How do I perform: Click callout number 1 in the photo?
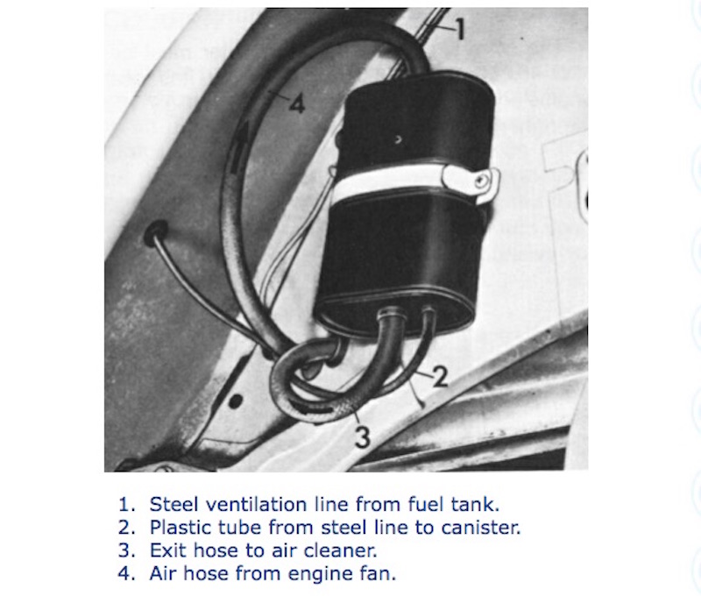pyautogui.click(x=460, y=30)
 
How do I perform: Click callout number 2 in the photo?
pyautogui.click(x=441, y=376)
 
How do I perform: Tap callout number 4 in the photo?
pyautogui.click(x=297, y=104)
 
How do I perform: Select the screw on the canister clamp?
pyautogui.click(x=480, y=181)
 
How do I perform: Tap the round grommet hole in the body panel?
pyautogui.click(x=156, y=232)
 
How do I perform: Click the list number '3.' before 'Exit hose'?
pyautogui.click(x=127, y=550)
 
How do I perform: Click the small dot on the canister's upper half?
pyautogui.click(x=398, y=139)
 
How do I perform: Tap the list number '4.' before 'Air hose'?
pyautogui.click(x=127, y=573)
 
